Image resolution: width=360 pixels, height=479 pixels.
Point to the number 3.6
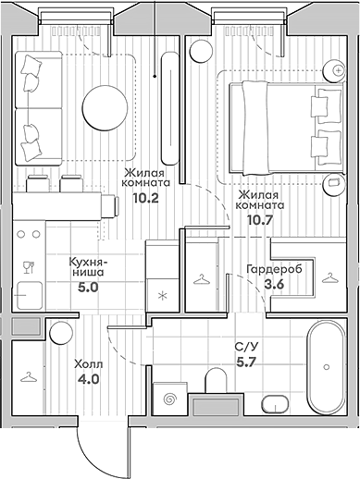tap(275, 286)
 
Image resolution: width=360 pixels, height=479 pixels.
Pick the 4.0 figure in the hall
tap(86, 377)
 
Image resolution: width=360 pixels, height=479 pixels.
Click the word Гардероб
tap(272, 270)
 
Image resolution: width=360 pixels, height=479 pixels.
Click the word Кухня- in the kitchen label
tap(90, 261)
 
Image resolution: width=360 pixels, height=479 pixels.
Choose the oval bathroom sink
tap(277, 402)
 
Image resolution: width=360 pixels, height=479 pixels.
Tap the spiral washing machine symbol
tap(169, 399)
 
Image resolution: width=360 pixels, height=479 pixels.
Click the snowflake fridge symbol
tap(163, 296)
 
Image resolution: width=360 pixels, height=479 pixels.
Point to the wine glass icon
tap(28, 268)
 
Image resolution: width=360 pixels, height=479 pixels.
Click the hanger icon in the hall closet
tap(29, 377)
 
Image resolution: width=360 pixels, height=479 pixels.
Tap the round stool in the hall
tap(61, 332)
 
